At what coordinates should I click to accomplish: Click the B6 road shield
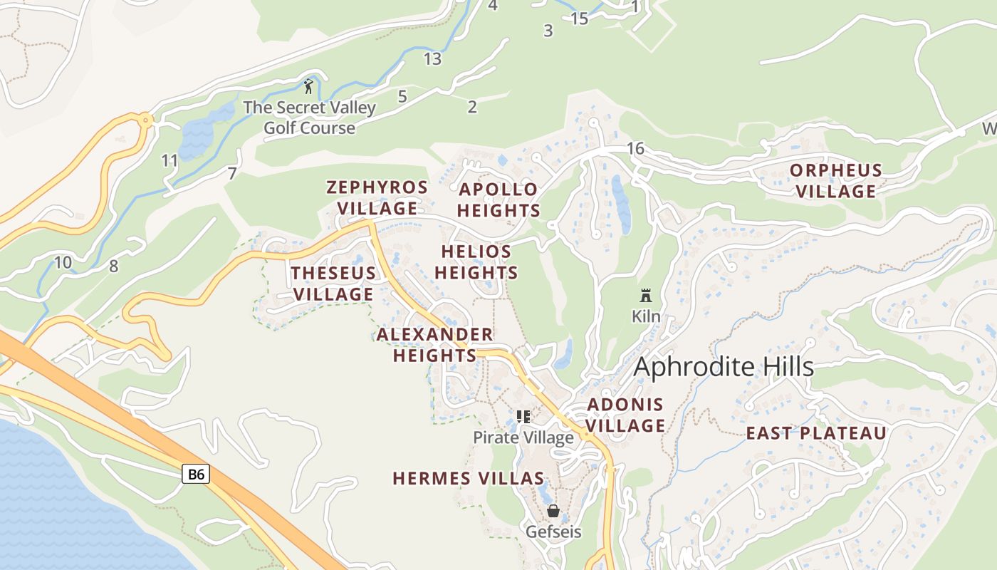point(196,474)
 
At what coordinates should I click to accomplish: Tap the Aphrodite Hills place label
point(723,367)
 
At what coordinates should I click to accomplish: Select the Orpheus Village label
point(836,181)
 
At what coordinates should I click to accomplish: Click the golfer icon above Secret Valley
point(308,86)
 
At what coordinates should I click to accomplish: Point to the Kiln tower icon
point(646,295)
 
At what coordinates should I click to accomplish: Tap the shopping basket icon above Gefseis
point(553,511)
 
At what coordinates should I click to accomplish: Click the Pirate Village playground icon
point(523,417)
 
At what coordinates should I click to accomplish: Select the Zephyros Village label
point(377,198)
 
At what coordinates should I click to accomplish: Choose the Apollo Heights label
point(499,200)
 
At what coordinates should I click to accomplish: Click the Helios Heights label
point(476,262)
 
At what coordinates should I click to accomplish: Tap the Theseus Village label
point(333,284)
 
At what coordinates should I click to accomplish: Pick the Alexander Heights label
point(435,345)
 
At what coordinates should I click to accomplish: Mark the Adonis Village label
point(625,415)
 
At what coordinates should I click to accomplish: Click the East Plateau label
point(816,433)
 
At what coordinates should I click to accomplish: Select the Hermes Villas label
point(469,479)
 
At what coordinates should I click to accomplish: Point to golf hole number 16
point(635,148)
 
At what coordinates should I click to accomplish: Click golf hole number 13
point(432,59)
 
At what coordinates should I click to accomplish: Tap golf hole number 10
point(63,262)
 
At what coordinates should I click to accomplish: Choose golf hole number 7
point(231,173)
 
